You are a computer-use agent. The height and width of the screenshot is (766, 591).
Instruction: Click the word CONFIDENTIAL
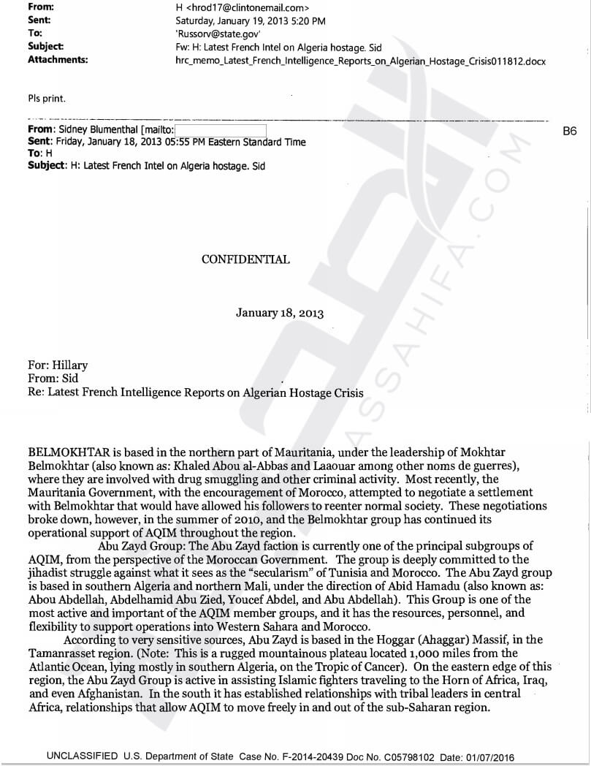[245, 259]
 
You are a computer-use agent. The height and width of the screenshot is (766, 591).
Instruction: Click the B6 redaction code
[570, 132]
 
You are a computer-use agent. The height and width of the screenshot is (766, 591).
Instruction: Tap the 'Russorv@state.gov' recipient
[218, 34]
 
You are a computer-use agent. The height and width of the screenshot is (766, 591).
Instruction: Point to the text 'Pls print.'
[46, 99]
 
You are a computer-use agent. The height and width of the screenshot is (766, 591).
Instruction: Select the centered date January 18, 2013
[280, 313]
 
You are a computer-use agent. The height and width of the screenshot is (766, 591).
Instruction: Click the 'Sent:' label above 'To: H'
[39, 142]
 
